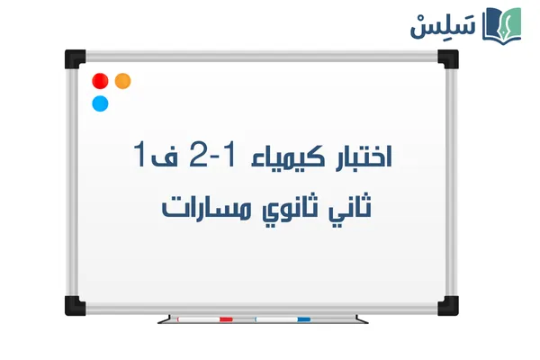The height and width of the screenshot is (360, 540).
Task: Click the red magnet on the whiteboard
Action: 100,81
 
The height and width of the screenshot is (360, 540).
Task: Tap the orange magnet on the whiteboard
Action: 123,81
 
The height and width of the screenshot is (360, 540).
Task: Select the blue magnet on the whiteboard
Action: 100,103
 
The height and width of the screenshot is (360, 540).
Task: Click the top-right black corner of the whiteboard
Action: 448,58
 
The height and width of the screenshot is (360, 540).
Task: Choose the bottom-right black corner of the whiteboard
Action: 448,303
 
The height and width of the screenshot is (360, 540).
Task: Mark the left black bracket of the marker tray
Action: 163,319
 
